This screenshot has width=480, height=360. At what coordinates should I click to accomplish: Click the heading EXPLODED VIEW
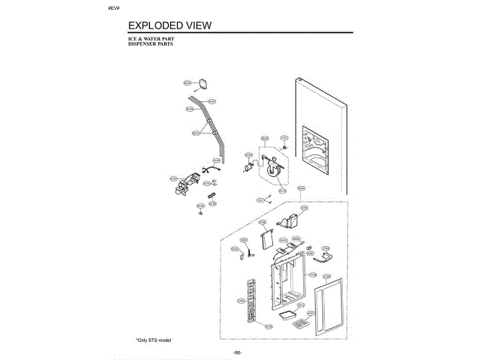(x=169, y=25)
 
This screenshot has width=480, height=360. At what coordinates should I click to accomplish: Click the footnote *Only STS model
(x=154, y=340)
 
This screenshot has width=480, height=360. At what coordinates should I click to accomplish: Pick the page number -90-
(x=237, y=352)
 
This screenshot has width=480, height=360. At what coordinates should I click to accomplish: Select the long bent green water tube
(x=210, y=120)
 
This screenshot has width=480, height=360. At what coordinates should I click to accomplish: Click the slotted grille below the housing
(x=300, y=325)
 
